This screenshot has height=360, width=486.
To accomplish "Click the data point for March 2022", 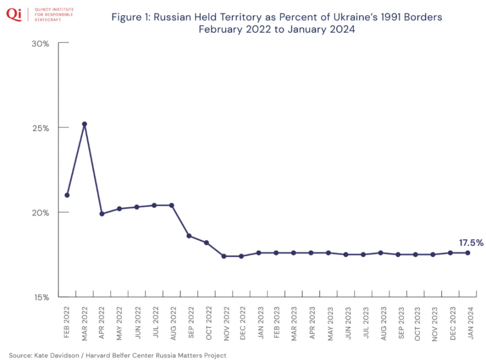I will (x=85, y=124).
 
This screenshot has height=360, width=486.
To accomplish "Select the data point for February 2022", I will (x=67, y=195).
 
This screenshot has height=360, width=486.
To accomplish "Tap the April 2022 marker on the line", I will (x=102, y=214).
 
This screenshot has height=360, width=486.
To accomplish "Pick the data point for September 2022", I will (x=189, y=236).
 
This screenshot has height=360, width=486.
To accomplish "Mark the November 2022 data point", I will (x=224, y=256).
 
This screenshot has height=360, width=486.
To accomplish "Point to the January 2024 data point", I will (x=468, y=253).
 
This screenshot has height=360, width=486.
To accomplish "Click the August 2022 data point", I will (x=171, y=205).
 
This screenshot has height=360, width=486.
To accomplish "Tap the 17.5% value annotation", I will (x=471, y=243).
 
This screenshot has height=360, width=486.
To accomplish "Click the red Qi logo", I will (x=14, y=14).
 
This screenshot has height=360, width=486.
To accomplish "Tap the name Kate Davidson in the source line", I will (x=56, y=355).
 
